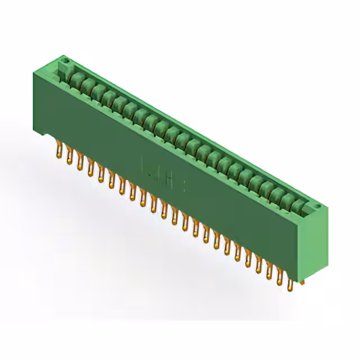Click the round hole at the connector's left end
65,58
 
